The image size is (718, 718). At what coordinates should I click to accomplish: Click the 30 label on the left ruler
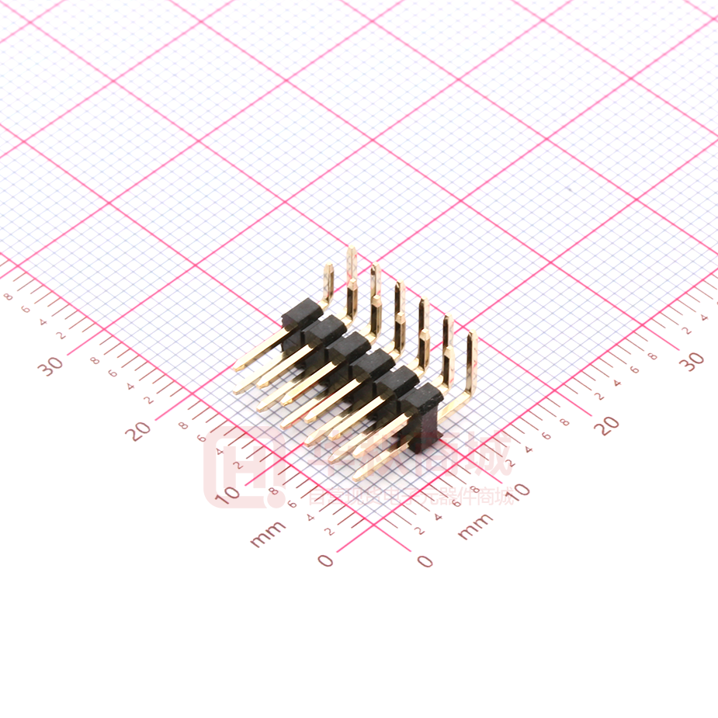point(53,365)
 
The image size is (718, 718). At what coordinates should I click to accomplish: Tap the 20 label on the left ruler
point(140,429)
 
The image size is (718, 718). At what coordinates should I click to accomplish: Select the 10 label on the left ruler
point(228,494)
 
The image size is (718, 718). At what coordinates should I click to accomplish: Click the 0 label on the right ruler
point(425,560)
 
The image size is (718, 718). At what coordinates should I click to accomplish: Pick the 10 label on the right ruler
point(519,490)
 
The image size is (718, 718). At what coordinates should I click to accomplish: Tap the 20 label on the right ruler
point(609,424)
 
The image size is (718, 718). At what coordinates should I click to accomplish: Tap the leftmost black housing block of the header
point(300,314)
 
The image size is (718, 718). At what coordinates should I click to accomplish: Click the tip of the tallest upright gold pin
point(351,251)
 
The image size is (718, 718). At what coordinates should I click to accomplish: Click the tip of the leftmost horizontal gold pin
point(238,366)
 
